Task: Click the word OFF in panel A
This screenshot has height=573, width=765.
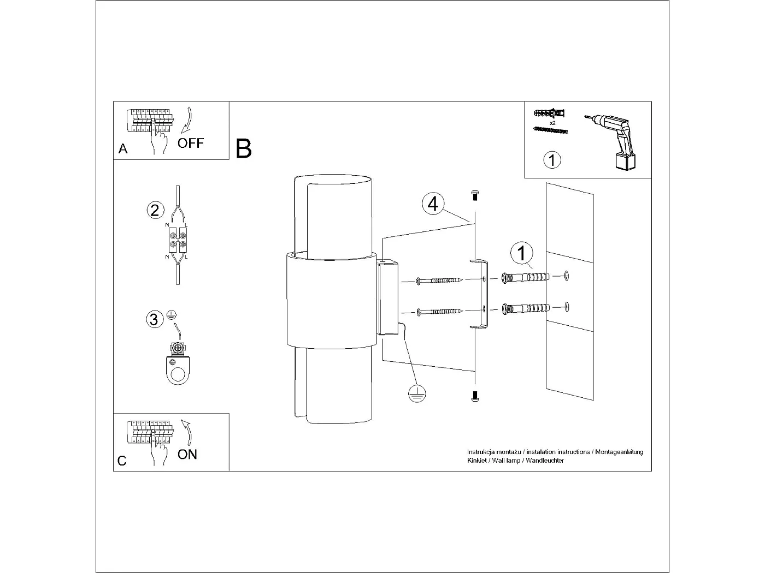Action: pyautogui.click(x=190, y=144)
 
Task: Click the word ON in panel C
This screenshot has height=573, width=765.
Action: pyautogui.click(x=187, y=454)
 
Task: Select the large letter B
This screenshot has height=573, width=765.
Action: pyautogui.click(x=244, y=148)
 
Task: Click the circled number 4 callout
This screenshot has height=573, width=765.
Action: pyautogui.click(x=433, y=204)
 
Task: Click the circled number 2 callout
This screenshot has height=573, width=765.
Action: pyautogui.click(x=155, y=210)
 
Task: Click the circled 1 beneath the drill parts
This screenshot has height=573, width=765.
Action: pyautogui.click(x=552, y=160)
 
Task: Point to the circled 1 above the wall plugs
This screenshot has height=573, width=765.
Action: pyautogui.click(x=522, y=253)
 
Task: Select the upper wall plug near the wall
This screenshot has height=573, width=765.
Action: pyautogui.click(x=525, y=278)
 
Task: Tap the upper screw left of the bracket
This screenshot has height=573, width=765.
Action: pyautogui.click(x=439, y=280)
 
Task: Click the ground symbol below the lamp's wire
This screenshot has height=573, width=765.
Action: pyautogui.click(x=417, y=393)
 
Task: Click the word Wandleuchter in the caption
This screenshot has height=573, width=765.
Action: pyautogui.click(x=545, y=461)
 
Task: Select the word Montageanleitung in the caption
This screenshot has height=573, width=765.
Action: pyautogui.click(x=619, y=452)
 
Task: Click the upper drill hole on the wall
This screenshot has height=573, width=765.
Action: pyautogui.click(x=567, y=276)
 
